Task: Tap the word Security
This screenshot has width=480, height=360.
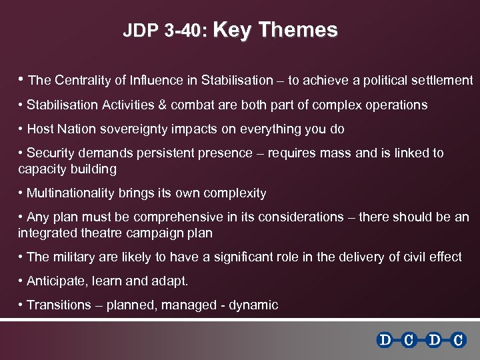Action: coord(49,153)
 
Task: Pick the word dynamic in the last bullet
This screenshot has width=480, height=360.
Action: coord(253,305)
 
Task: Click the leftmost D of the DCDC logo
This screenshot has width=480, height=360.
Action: coord(385,341)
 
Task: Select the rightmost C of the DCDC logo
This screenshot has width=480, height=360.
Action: coord(457,341)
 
